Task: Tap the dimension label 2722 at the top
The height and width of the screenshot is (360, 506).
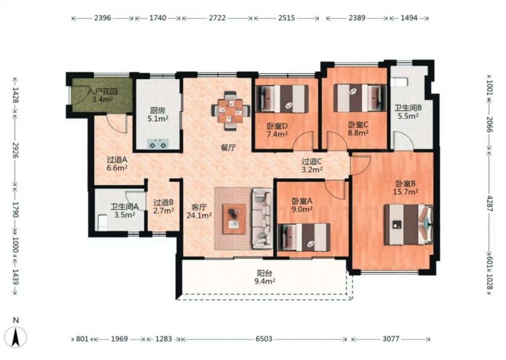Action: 217,18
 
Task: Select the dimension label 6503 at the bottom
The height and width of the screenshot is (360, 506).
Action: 264,339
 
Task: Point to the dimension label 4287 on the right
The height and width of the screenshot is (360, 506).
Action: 489,204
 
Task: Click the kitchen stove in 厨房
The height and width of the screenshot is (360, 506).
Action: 158,143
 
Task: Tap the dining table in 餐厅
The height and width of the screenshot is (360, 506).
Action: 231,111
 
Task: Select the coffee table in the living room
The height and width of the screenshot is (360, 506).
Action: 234,219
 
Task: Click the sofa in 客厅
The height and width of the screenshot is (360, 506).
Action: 262,219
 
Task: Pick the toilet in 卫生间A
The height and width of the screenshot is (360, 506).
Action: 103,222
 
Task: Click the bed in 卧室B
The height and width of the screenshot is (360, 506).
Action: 408,224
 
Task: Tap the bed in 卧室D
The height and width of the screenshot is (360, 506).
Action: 282,99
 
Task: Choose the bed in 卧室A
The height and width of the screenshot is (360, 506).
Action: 304,237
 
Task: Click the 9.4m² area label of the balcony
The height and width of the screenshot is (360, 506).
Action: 265,281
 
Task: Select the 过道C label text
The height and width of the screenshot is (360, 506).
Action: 312,161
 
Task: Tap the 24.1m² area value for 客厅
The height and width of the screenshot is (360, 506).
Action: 199,215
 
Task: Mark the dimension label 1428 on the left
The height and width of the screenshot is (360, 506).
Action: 15,95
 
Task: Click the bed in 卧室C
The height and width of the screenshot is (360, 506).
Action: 360,98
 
